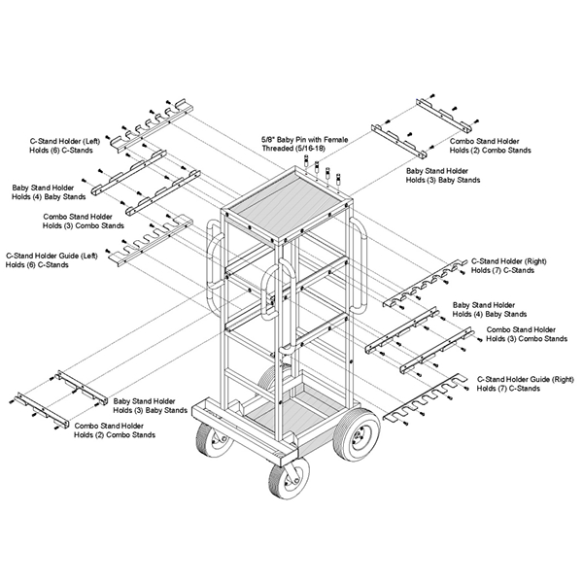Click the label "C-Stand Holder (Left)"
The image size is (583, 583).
(55, 142)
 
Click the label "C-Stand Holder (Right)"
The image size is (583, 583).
(516, 261)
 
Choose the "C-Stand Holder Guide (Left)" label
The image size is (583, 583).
(53, 255)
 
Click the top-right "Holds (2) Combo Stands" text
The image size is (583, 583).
(491, 151)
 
